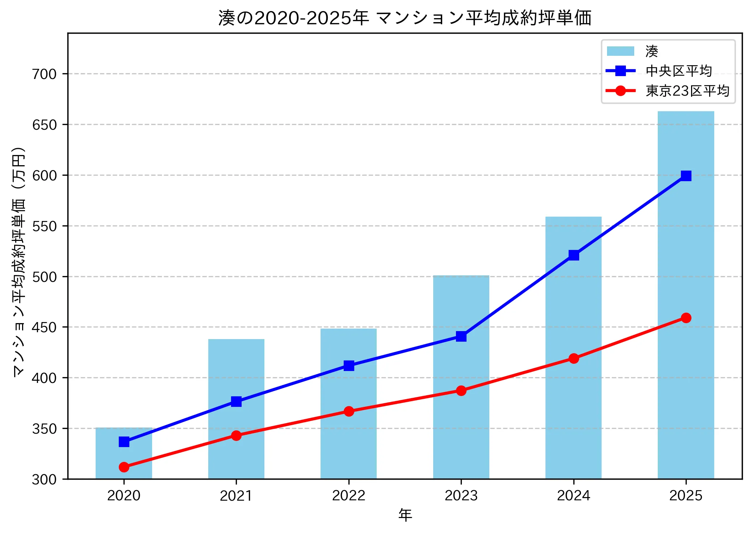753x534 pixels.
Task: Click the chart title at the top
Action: point(405,18)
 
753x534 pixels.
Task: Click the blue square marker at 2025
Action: point(686,176)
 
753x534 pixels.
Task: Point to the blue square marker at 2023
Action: point(461,336)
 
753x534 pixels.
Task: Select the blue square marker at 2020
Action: point(124,442)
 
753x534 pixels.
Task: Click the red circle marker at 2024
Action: point(573,358)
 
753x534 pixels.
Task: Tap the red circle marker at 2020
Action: point(124,467)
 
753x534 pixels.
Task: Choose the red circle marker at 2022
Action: point(349,411)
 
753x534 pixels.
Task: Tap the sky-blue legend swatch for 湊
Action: point(620,51)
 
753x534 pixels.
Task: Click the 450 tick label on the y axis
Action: point(45,327)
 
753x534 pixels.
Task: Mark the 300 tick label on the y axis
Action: point(45,479)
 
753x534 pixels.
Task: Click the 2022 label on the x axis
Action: point(349,495)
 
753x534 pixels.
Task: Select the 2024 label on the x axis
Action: point(573,495)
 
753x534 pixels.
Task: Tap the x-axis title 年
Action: point(405,515)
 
